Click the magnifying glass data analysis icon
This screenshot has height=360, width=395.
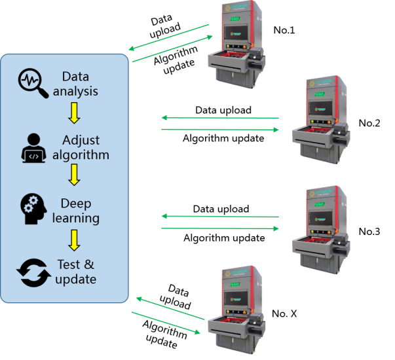33,83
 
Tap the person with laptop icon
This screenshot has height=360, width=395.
34,148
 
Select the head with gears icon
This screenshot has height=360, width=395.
33,210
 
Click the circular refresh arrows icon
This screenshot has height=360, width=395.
33,272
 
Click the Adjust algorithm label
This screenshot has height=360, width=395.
83,148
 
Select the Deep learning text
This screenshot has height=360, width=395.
77,210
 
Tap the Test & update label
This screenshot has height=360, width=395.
77,272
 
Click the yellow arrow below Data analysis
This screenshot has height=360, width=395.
74,113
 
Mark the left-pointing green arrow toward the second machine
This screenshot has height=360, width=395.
219,118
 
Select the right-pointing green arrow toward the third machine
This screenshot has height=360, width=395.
219,228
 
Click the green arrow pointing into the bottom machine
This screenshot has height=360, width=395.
166,322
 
